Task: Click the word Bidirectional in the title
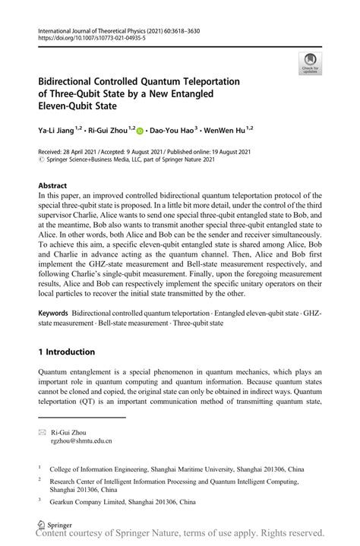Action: (x=66, y=81)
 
